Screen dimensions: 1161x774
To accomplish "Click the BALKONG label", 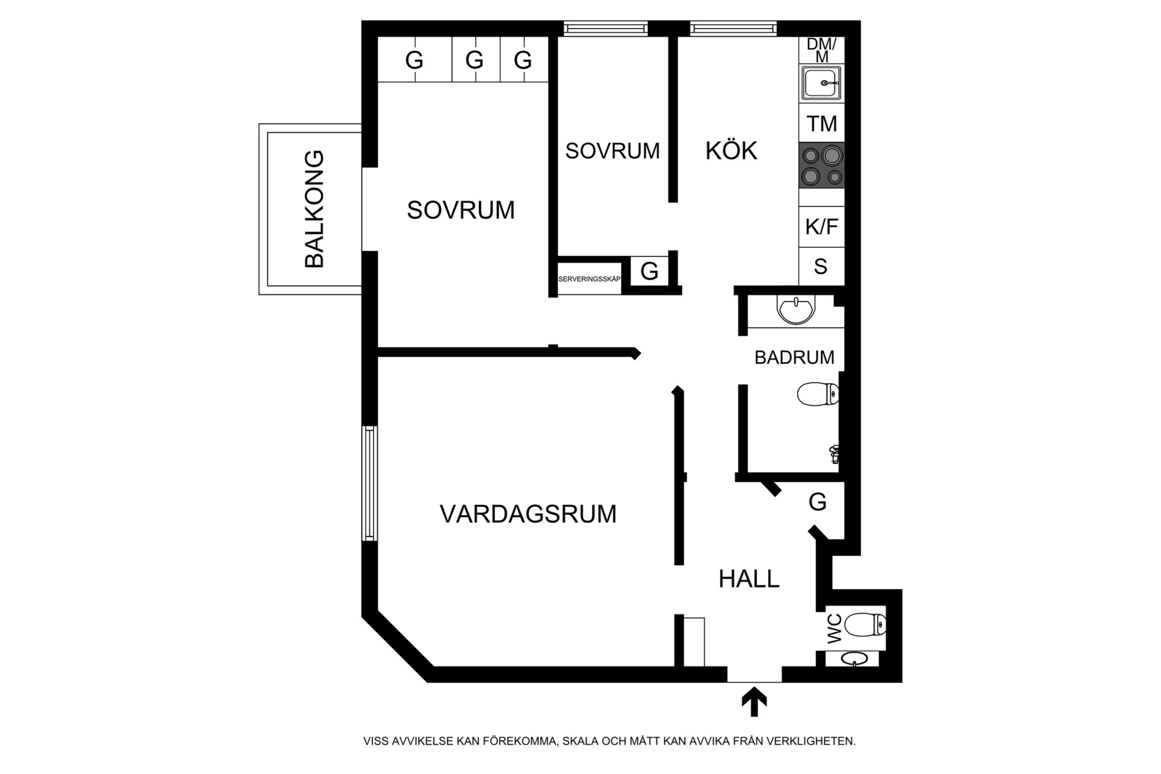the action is click(x=315, y=209).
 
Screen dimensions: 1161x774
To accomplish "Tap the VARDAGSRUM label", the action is click(x=528, y=514).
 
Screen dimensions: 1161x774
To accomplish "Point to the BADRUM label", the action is click(x=794, y=357).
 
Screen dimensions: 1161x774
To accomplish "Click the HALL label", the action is click(x=749, y=579).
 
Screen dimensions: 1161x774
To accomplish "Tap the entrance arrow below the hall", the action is click(x=754, y=702).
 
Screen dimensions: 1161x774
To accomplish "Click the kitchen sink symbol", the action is click(x=821, y=83).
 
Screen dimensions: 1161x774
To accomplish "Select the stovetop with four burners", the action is click(x=821, y=165).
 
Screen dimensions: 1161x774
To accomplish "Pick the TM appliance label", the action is click(x=821, y=124).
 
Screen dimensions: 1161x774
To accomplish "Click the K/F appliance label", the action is click(x=821, y=227).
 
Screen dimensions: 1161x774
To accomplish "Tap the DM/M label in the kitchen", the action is click(x=821, y=50).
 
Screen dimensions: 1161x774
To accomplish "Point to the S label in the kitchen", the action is click(x=820, y=266).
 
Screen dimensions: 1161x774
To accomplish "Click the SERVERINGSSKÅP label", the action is click(x=590, y=279).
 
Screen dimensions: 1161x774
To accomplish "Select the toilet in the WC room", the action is click(x=865, y=625).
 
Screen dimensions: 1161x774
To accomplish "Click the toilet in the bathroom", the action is click(x=818, y=394).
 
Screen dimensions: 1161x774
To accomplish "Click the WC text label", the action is click(x=834, y=629).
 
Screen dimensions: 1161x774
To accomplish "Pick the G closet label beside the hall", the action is click(x=817, y=502).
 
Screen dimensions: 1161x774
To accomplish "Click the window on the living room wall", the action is click(x=370, y=483).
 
